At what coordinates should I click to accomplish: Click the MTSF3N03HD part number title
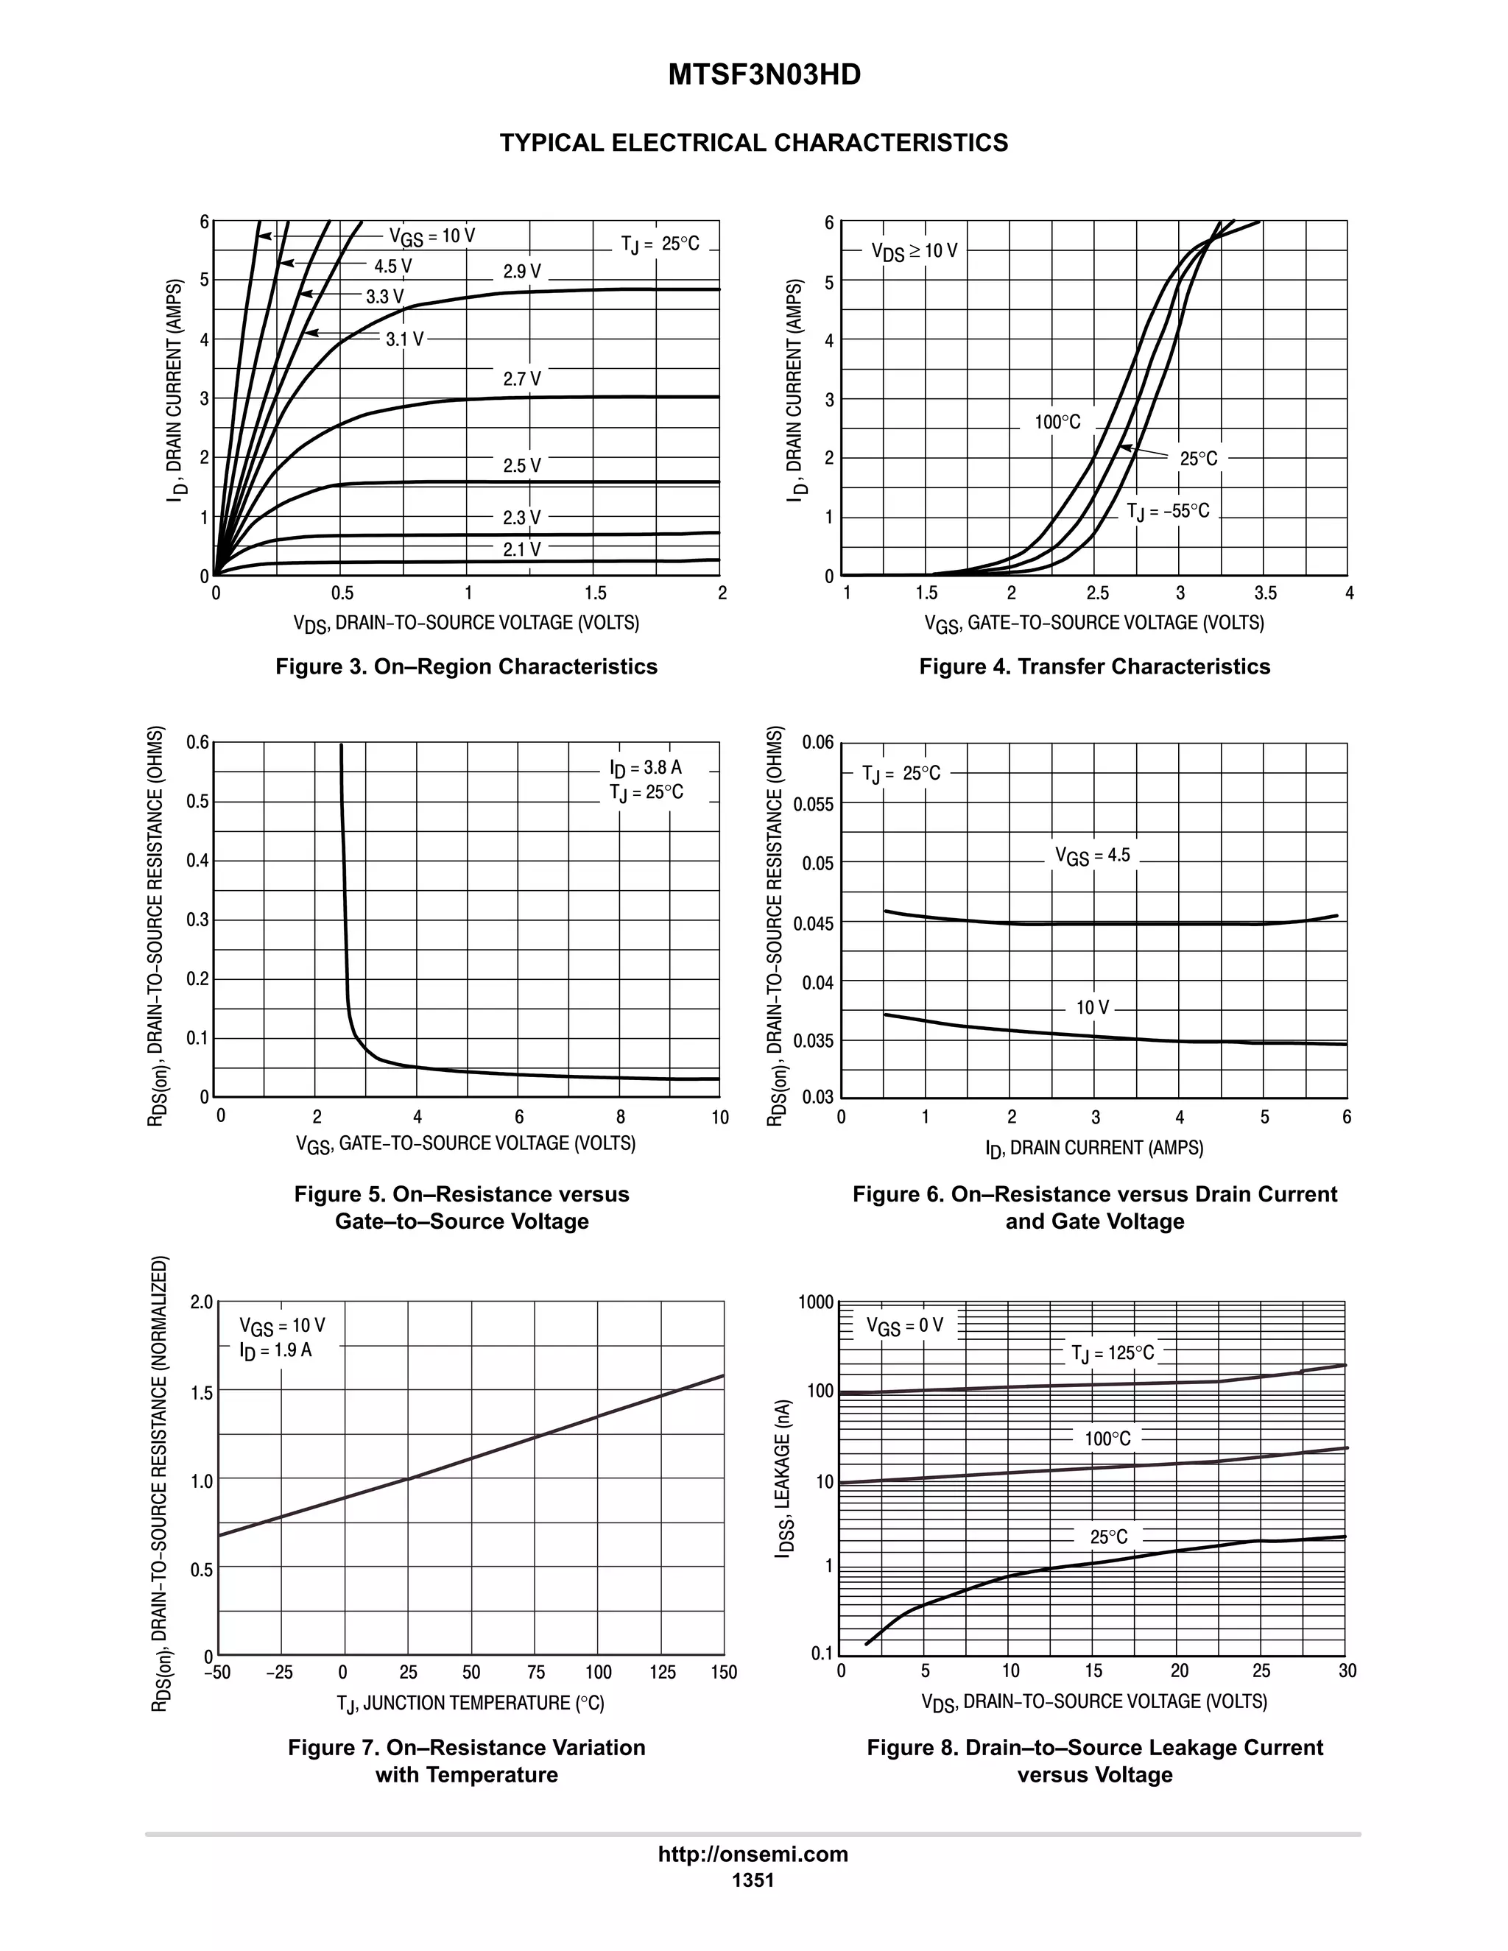pos(764,75)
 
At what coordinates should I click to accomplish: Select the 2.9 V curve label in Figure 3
pos(522,272)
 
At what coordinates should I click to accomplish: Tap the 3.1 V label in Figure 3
pos(405,339)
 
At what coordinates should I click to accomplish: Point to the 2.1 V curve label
pos(522,549)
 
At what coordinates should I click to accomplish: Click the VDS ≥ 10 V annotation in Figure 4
pos(914,251)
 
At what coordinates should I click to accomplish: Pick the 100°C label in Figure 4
pos(1058,423)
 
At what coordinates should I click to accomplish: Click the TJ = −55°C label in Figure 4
pos(1168,512)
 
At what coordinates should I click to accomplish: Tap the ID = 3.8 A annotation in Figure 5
pos(645,767)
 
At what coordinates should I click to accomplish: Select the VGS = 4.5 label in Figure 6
pos(1092,855)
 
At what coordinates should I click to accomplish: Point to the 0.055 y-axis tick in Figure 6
pos(813,804)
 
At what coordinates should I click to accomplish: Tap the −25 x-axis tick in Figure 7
pos(280,1672)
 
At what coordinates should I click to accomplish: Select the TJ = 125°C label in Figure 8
pos(1113,1353)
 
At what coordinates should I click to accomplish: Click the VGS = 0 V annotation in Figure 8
pos(904,1326)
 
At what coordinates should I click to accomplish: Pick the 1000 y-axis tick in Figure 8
pos(817,1302)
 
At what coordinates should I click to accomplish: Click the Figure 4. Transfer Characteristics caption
pos(1094,666)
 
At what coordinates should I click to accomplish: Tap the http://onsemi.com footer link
pos(753,1854)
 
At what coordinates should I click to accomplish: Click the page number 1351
pos(753,1880)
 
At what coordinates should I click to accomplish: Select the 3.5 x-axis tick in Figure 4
pos(1265,593)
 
